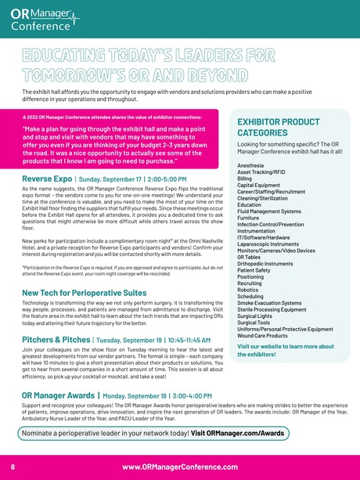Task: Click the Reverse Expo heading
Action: pyautogui.click(x=48, y=179)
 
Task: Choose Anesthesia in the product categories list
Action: pyautogui.click(x=250, y=167)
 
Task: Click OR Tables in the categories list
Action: pyautogui.click(x=249, y=257)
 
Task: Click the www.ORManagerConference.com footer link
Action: pyautogui.click(x=179, y=466)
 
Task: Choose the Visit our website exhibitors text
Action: pyautogui.click(x=285, y=351)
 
